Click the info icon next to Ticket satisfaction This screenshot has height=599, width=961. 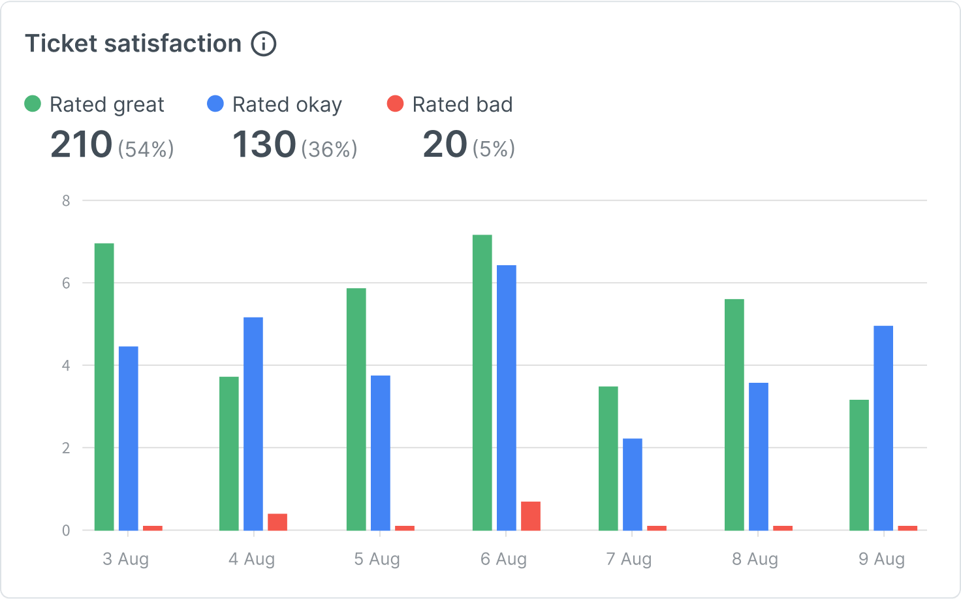pos(264,44)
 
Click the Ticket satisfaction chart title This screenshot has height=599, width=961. pos(133,44)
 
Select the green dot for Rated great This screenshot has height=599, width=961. pos(33,104)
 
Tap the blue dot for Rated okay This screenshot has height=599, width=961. pos(215,104)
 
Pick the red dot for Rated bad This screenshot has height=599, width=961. pos(396,104)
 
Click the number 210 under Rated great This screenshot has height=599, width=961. pos(82,144)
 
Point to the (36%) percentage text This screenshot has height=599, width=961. pos(329,150)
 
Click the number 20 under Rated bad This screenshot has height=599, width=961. pos(445,144)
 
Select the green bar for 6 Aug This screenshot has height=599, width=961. pos(482,382)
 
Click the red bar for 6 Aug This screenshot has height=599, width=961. pos(530,516)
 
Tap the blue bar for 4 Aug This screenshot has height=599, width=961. pos(253,423)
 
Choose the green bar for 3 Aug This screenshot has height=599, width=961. pos(104,387)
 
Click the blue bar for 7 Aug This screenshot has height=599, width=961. pos(632,484)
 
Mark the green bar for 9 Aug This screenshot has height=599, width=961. pos(859,465)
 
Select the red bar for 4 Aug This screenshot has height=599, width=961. pos(277,522)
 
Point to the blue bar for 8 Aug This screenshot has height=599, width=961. pos(759,456)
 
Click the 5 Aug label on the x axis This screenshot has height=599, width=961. pos(377,559)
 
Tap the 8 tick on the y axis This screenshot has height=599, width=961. pos(66,201)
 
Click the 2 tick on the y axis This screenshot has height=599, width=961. pos(66,448)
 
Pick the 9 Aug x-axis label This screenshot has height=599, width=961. pos(881,559)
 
